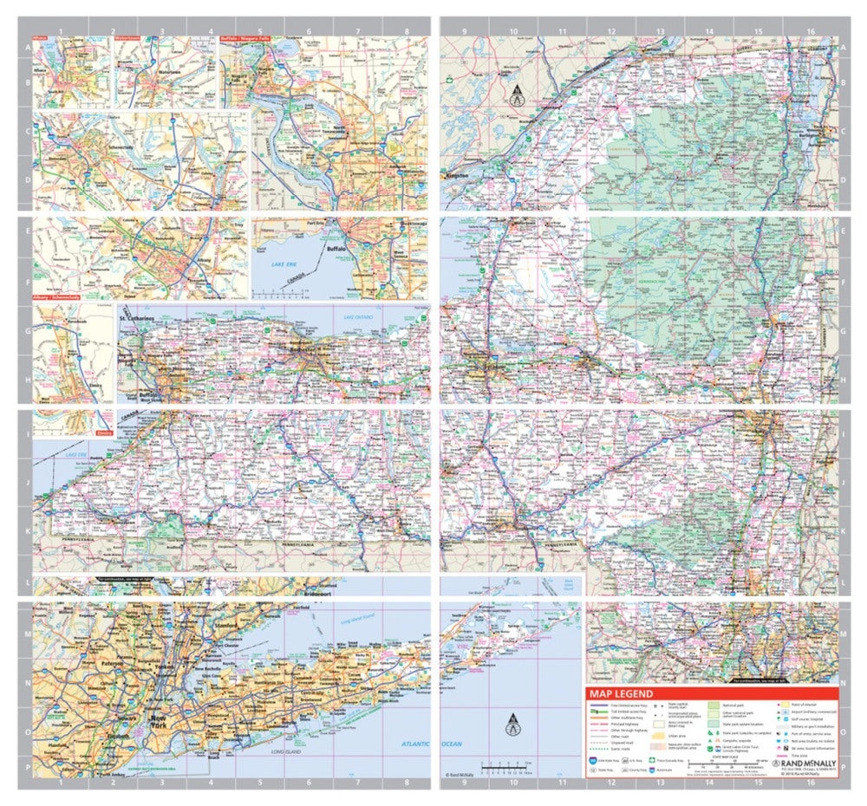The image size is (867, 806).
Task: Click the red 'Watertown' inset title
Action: [131, 39]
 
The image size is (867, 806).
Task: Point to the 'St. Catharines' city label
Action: [144, 321]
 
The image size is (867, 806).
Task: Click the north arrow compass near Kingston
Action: [517, 95]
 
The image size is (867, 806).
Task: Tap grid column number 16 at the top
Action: [810, 29]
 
